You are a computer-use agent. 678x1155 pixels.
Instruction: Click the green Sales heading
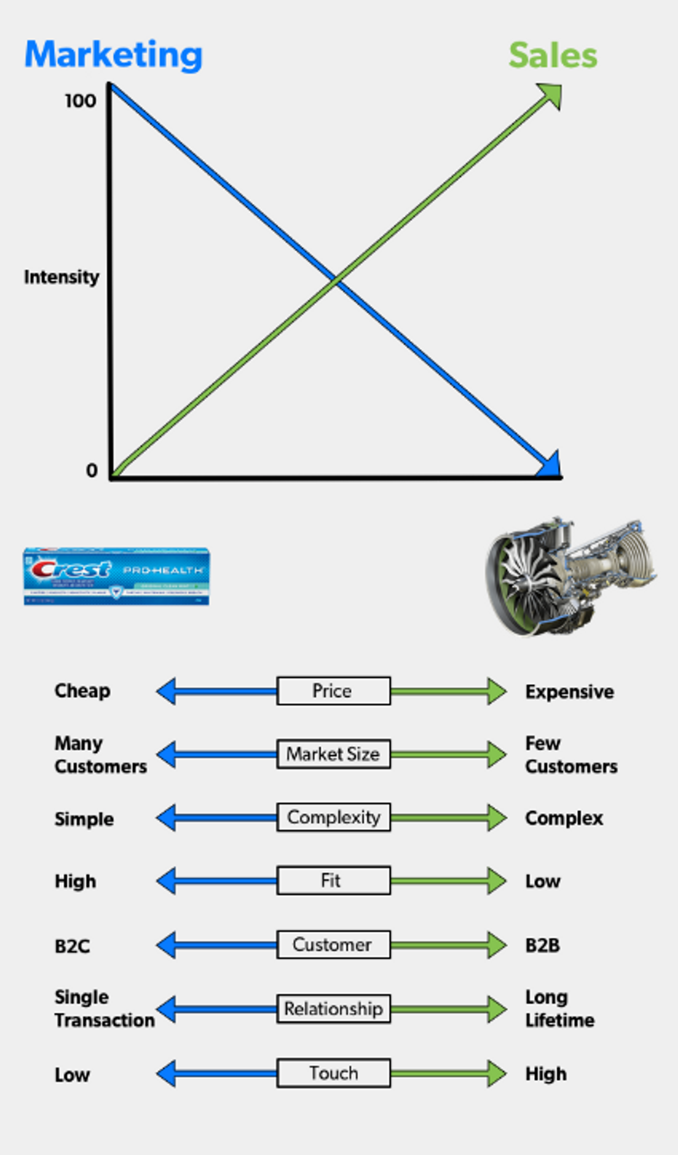(x=553, y=56)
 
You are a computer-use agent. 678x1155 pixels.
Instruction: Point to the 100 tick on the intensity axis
(x=81, y=101)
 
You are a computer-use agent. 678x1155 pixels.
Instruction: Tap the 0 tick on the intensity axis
(x=92, y=471)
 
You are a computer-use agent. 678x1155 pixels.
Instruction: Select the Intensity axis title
(x=61, y=277)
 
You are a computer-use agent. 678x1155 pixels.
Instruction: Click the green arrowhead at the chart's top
(x=552, y=94)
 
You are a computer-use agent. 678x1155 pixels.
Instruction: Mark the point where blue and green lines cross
(x=336, y=280)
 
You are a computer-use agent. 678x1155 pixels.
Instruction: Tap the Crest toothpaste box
(x=116, y=576)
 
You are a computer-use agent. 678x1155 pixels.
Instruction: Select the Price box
(x=333, y=691)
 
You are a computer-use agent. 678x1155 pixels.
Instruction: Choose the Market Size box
(x=333, y=754)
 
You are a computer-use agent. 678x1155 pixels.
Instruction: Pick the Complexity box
(x=333, y=817)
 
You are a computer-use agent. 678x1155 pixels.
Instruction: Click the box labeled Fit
(x=333, y=880)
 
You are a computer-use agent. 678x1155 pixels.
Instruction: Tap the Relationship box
(x=333, y=1009)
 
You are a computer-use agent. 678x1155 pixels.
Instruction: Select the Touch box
(x=333, y=1073)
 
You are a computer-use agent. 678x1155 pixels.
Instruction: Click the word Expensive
(x=570, y=692)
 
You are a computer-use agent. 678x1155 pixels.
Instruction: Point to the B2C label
(x=73, y=946)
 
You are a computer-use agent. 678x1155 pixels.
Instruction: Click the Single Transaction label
(x=104, y=1009)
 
